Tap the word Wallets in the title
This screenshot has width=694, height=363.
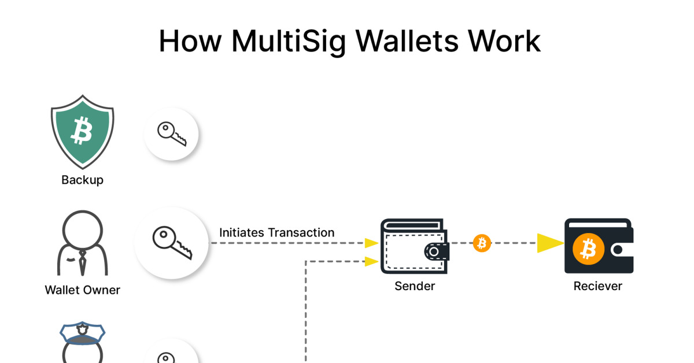(x=407, y=41)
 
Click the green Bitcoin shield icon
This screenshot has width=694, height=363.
(x=82, y=132)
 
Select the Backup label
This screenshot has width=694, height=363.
(x=82, y=180)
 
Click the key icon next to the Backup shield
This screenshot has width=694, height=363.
(x=171, y=134)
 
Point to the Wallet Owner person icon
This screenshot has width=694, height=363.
(x=82, y=243)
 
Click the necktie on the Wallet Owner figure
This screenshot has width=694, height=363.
(x=82, y=262)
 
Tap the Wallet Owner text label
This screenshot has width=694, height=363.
(x=82, y=290)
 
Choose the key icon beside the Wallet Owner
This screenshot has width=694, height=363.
(x=172, y=243)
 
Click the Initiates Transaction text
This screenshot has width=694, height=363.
(x=276, y=232)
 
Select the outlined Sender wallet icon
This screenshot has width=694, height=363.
(x=415, y=246)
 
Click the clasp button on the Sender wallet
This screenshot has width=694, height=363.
(x=434, y=251)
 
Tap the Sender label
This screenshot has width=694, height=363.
(x=415, y=286)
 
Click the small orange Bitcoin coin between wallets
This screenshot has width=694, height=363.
(x=482, y=243)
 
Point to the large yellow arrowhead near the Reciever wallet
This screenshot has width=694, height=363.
(x=550, y=243)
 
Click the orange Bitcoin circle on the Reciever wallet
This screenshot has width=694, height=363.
(x=588, y=249)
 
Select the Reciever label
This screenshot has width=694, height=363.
(x=597, y=286)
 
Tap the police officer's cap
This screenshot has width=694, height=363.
(x=82, y=333)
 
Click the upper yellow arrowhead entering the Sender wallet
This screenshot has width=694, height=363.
(x=371, y=243)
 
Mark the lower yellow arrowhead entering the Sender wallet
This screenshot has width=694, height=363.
(x=371, y=261)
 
